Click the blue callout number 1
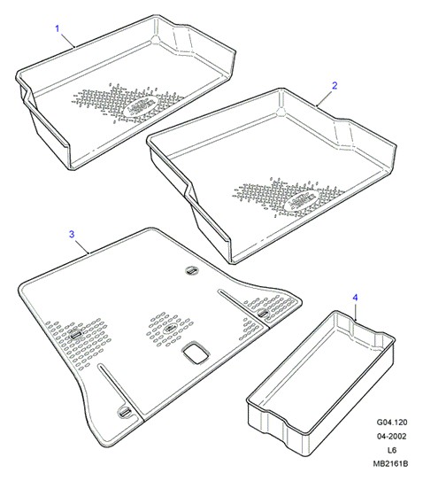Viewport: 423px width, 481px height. pos(58,28)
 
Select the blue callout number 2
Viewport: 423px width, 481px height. pos(335,86)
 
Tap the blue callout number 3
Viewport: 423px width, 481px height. pos(72,235)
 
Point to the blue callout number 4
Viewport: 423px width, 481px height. pos(355,298)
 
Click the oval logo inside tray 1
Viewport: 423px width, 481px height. pos(141,105)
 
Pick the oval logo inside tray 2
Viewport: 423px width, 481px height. pos(302,200)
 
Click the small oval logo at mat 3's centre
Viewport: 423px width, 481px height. pos(169,330)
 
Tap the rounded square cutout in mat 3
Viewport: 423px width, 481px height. pos(196,353)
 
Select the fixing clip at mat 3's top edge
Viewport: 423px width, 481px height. pos(192,270)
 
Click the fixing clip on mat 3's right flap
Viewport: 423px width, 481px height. pos(262,314)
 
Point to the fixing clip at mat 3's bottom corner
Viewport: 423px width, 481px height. pos(125,413)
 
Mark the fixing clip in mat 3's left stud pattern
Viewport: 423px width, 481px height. pos(76,335)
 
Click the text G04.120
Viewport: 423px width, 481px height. pos(392,423)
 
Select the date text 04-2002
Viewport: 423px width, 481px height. pos(392,436)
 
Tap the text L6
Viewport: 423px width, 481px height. pos(392,450)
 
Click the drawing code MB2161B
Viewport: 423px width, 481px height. pos(390,464)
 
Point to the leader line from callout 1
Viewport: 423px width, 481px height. pos(68,41)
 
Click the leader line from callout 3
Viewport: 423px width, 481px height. pos(81,246)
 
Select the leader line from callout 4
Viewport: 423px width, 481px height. pos(356,312)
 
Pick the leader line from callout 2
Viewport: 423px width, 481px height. pos(325,98)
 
